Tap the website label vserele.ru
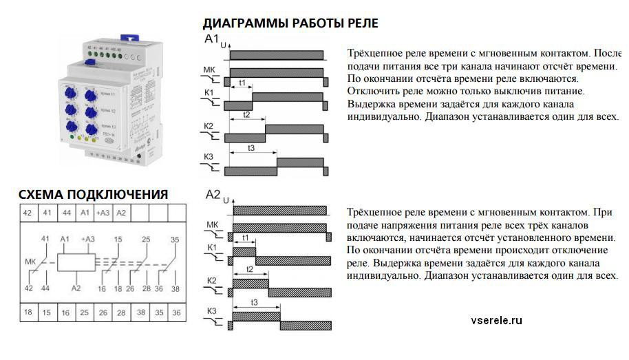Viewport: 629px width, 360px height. [x=498, y=320]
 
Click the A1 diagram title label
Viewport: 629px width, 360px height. [x=212, y=39]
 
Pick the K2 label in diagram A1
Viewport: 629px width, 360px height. [x=209, y=127]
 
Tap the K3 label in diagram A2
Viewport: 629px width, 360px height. [x=211, y=312]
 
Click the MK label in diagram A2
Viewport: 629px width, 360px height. [x=212, y=224]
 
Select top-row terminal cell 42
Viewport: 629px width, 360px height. [x=28, y=213]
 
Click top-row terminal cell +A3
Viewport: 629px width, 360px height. [x=103, y=213]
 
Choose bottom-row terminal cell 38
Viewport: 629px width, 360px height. [x=140, y=312]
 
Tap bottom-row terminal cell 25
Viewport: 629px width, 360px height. [x=84, y=312]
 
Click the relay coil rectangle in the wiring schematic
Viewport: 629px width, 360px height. [x=76, y=262]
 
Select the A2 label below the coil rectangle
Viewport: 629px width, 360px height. [x=76, y=289]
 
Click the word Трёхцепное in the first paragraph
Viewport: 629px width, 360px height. [x=376, y=53]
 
